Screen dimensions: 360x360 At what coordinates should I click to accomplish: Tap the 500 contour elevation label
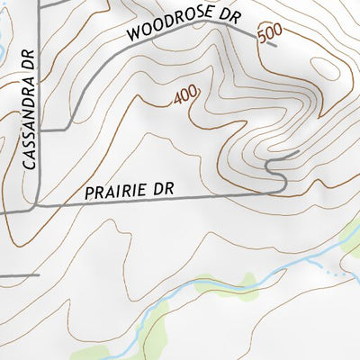click(267, 35)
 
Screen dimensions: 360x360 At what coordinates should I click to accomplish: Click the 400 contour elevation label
click(185, 94)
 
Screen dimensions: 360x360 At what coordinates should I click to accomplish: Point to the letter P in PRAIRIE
click(90, 193)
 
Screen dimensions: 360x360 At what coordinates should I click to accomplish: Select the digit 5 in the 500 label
click(261, 38)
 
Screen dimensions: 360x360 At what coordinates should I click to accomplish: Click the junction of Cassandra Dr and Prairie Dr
click(36, 206)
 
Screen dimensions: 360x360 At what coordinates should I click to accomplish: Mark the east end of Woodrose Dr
click(274, 43)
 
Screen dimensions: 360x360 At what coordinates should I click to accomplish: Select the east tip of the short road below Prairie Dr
click(40, 274)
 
